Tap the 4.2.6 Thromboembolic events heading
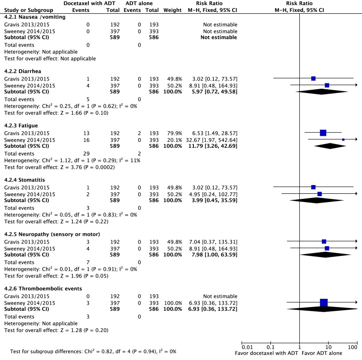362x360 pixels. point(36,288)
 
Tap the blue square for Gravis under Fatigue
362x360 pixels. point(323,133)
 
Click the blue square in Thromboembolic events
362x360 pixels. point(323,302)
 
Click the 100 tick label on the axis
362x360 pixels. point(353,346)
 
